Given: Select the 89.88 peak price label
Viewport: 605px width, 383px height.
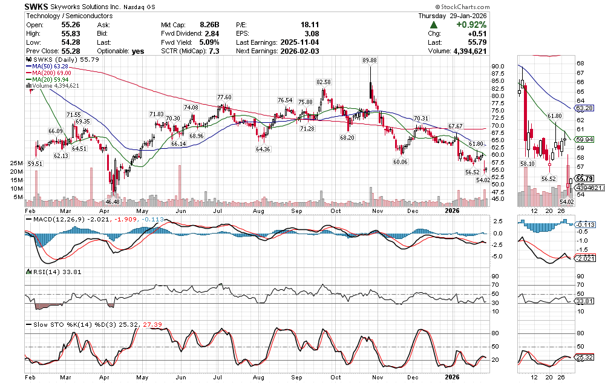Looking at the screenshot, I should (x=369, y=61).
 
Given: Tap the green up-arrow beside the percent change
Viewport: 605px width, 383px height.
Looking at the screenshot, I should (x=434, y=25).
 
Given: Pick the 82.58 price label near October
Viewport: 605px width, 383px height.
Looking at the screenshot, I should (x=324, y=82).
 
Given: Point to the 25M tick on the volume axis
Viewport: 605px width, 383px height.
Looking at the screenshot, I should (x=17, y=163).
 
